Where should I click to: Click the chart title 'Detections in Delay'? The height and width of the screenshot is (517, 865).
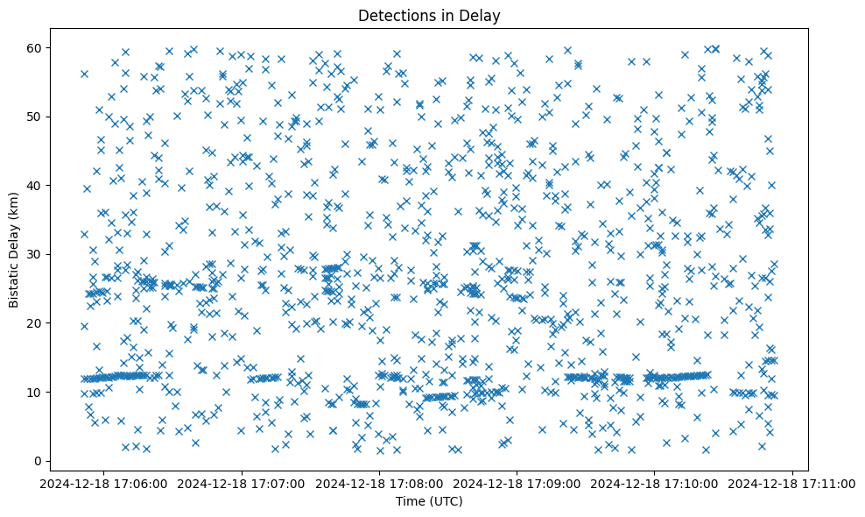(429, 15)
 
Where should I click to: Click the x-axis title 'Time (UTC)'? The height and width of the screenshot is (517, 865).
(429, 502)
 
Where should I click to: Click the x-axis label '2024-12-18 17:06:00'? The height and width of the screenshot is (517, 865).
(104, 483)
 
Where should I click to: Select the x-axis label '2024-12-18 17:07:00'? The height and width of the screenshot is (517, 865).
(242, 483)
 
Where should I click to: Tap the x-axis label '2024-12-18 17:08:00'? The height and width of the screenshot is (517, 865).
(380, 483)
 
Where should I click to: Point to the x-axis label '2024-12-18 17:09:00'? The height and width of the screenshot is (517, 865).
(517, 483)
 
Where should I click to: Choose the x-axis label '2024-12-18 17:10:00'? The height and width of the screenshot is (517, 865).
(656, 483)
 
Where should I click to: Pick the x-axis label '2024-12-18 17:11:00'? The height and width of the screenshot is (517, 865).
(793, 483)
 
